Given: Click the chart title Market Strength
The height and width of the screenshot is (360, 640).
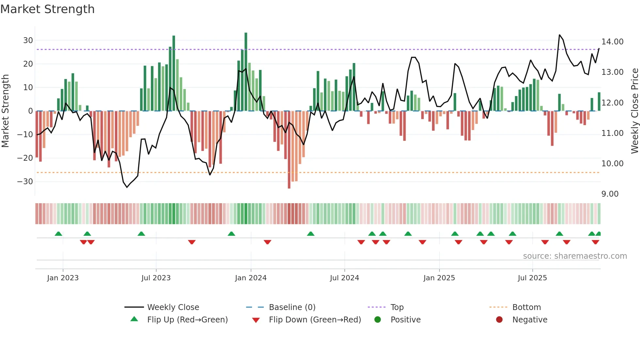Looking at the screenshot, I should tap(47, 9).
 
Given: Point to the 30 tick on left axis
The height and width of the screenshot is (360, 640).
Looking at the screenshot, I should tap(28, 41).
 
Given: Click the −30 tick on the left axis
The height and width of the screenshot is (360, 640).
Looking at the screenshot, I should tap(25, 182).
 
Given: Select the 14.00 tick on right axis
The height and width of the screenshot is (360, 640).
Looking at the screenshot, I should tap(612, 42).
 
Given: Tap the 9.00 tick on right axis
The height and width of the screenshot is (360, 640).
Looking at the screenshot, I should tap(610, 194).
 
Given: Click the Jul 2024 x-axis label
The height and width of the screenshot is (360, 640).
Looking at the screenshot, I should tap(344, 278).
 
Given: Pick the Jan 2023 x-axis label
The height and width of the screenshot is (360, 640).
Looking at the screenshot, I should tap(63, 278).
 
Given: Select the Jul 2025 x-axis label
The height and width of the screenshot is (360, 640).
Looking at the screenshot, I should tap(532, 278).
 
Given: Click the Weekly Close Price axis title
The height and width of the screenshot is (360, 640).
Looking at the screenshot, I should tap(634, 111).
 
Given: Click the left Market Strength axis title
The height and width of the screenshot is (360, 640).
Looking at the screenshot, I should tap(5, 111).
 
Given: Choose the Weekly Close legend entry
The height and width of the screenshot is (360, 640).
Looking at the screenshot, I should tap(173, 307).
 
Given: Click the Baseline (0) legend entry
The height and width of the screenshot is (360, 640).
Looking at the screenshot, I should tap(292, 307).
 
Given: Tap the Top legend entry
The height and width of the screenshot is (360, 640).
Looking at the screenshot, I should tap(397, 307).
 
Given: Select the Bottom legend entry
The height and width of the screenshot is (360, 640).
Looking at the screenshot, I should tap(526, 307).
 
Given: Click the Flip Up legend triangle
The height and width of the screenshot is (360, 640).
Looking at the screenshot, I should tap(134, 319).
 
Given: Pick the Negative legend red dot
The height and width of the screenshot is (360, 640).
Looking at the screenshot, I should tap(499, 319).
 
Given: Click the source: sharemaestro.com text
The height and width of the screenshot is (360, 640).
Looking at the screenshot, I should tap(575, 256).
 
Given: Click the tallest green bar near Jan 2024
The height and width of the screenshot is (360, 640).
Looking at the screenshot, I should tap(246, 72).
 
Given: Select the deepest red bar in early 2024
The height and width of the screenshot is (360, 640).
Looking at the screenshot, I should tap(289, 150).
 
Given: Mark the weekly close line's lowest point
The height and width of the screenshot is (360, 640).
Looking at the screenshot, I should tap(127, 187).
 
